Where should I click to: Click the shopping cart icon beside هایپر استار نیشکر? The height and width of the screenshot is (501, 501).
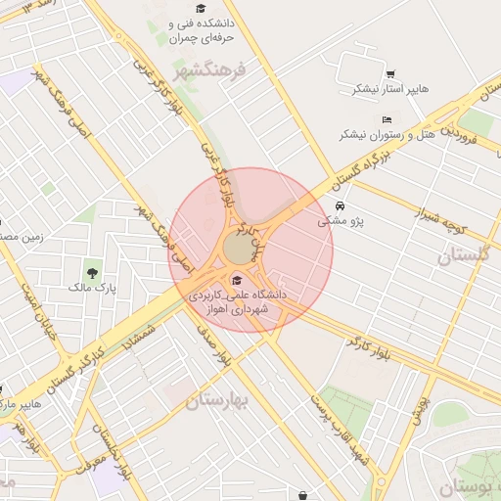pyautogui.click(x=390, y=74)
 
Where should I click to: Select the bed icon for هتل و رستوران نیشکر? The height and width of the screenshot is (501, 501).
pyautogui.click(x=387, y=119)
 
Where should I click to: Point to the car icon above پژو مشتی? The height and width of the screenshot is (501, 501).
pyautogui.click(x=339, y=206)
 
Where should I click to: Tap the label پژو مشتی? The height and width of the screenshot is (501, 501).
pyautogui.click(x=340, y=222)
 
